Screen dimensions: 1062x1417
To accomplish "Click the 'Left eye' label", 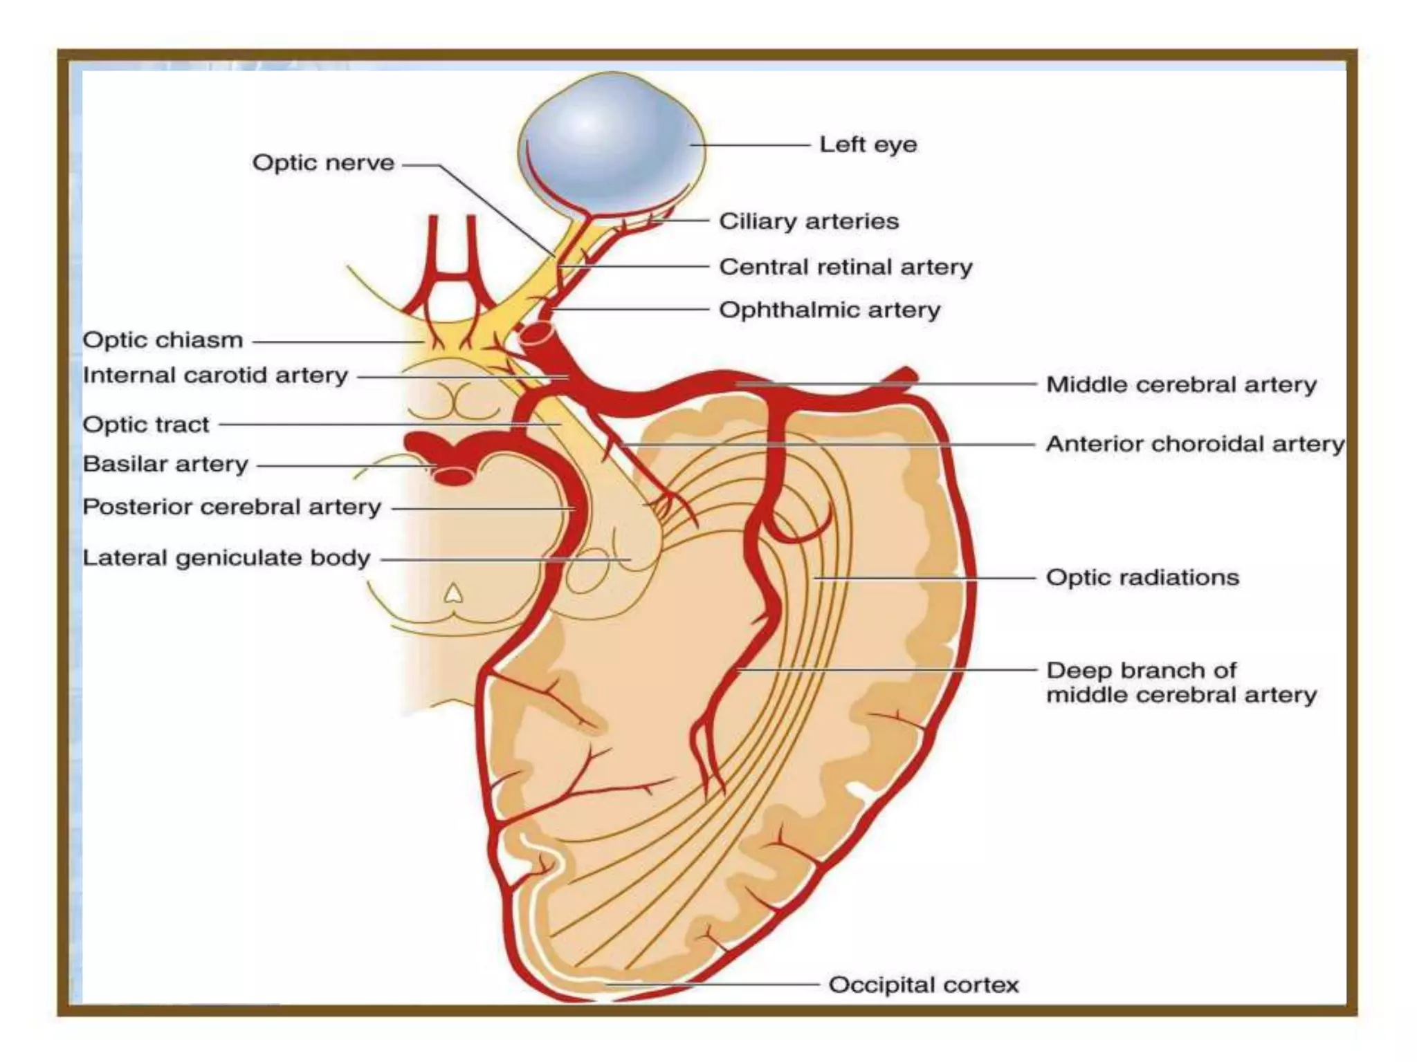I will pos(868,145).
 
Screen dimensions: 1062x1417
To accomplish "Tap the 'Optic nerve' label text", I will pos(323,163).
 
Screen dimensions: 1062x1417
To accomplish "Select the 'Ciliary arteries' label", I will pos(809,222).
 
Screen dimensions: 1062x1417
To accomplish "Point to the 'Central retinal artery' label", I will pos(845,268).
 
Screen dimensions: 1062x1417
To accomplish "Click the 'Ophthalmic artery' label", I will pos(830,310).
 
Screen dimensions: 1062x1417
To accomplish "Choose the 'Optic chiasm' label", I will pos(163,341).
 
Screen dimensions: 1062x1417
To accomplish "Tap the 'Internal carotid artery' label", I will pos(215,376).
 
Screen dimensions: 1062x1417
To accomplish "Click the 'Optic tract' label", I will pos(145,425).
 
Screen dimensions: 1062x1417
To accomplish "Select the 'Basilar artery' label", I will pos(165,465).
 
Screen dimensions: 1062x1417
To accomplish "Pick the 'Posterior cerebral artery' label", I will pos(232,507).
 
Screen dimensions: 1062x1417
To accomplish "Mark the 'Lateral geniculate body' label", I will pos(226,559).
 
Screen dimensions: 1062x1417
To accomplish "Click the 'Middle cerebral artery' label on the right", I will pos(1181,385).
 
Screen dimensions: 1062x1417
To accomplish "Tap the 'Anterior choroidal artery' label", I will pos(1194,445).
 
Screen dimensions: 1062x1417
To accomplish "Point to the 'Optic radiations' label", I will pos(1142,578).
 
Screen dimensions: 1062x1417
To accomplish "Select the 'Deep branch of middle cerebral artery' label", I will pos(1180,683).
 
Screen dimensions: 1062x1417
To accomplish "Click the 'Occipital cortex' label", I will pos(923,985).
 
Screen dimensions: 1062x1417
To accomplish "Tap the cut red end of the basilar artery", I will pos(453,476).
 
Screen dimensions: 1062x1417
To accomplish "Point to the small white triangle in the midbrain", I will pos(453,593).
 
